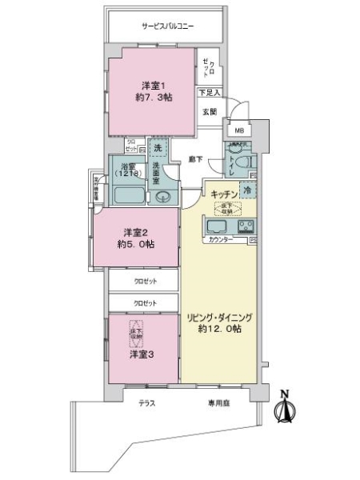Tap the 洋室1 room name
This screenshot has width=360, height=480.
(154, 86)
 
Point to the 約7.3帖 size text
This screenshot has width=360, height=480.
(154, 98)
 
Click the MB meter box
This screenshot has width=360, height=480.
(238, 130)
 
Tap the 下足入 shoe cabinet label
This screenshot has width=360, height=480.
(210, 93)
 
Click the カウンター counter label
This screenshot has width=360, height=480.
(221, 239)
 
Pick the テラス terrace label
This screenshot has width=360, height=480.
(146, 403)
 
